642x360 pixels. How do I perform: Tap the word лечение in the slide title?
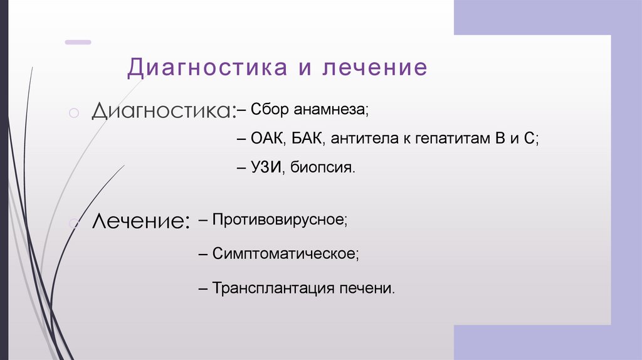point(374,68)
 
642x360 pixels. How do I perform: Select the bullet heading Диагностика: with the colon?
point(164,112)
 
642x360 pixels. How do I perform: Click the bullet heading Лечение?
point(141,221)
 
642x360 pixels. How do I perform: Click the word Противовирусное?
point(278,220)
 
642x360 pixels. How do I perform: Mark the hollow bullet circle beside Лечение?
point(73,221)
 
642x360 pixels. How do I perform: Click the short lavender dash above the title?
point(78,42)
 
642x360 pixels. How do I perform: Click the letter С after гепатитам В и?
point(531,139)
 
